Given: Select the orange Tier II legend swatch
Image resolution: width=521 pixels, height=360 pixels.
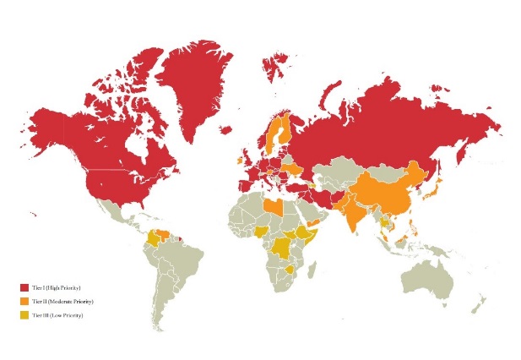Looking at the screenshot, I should coord(24,302).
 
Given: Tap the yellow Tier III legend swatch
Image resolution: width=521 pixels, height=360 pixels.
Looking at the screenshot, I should coord(24,315).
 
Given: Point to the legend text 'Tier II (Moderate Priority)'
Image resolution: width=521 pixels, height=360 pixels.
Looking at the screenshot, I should coord(66,302).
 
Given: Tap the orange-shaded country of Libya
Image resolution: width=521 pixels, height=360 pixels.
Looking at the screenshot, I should coord(272,207).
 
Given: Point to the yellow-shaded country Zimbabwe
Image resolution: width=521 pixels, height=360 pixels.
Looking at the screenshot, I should coord(290,271).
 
